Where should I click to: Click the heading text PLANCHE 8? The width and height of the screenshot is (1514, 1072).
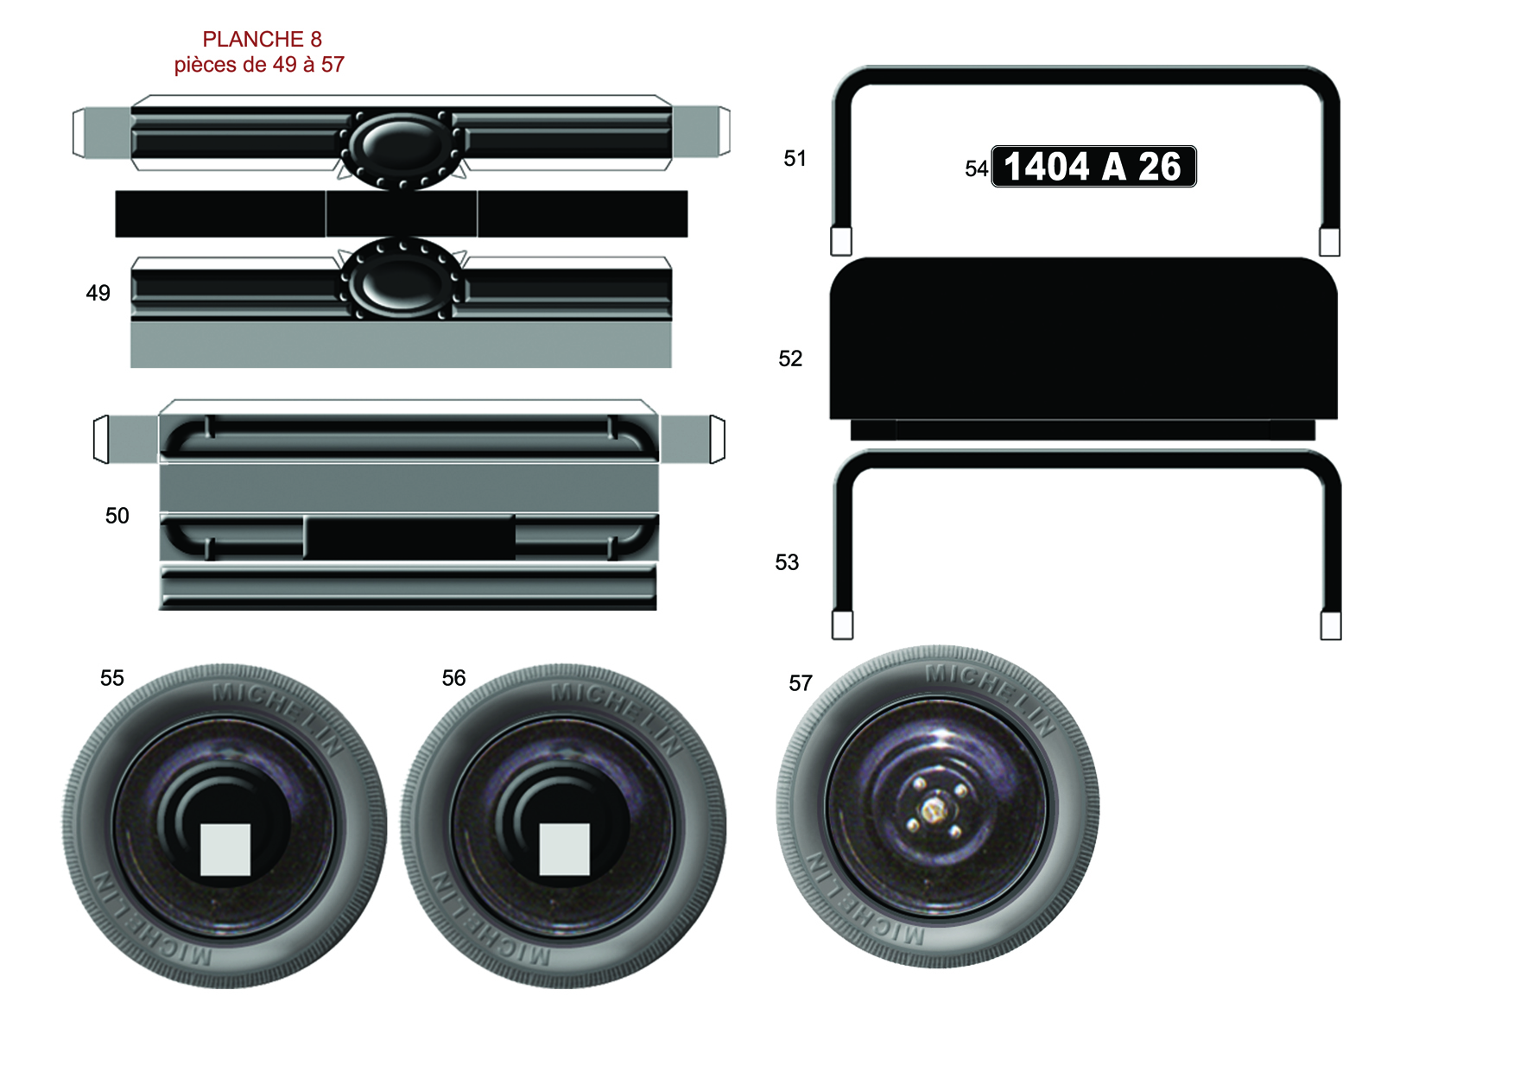262,39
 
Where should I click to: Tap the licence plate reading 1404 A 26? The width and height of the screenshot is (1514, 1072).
1093,166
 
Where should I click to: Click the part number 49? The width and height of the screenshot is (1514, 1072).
98,293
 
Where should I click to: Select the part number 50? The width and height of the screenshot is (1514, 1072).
117,516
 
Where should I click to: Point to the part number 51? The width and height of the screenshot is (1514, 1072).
795,158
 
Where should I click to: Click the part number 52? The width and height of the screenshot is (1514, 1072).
790,358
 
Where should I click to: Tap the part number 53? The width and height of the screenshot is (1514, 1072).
787,562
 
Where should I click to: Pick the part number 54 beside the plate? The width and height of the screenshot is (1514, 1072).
976,168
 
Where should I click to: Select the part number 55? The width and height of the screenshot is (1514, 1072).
111,678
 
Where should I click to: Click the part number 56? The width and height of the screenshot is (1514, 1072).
453,678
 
